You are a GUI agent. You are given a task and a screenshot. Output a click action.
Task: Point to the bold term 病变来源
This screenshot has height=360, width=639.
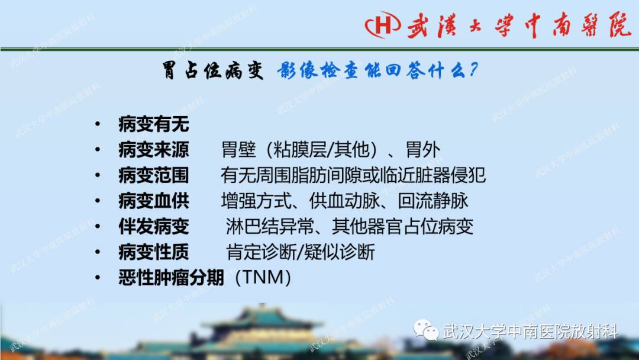pyautogui.click(x=154, y=150)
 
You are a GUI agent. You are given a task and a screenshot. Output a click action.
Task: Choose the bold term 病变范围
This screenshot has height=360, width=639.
pyautogui.click(x=154, y=176)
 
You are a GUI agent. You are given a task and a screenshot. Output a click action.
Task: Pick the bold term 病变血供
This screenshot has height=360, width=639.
pyautogui.click(x=154, y=201)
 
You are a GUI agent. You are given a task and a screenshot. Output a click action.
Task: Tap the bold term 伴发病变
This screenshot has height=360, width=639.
pyautogui.click(x=154, y=227)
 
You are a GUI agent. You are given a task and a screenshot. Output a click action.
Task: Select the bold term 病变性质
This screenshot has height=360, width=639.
pyautogui.click(x=154, y=252)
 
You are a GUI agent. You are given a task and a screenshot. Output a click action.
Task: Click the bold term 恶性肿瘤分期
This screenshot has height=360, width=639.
pyautogui.click(x=172, y=278)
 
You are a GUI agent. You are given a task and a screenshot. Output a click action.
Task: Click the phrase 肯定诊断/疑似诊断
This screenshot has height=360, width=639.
pyautogui.click(x=301, y=252)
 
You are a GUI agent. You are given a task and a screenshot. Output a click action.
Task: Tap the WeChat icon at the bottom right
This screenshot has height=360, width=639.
pyautogui.click(x=426, y=331)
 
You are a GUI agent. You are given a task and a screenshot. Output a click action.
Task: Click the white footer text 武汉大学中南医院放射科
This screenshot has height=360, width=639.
pyautogui.click(x=530, y=332)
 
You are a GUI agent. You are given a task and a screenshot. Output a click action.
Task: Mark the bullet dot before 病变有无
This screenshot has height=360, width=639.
pyautogui.click(x=97, y=125)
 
